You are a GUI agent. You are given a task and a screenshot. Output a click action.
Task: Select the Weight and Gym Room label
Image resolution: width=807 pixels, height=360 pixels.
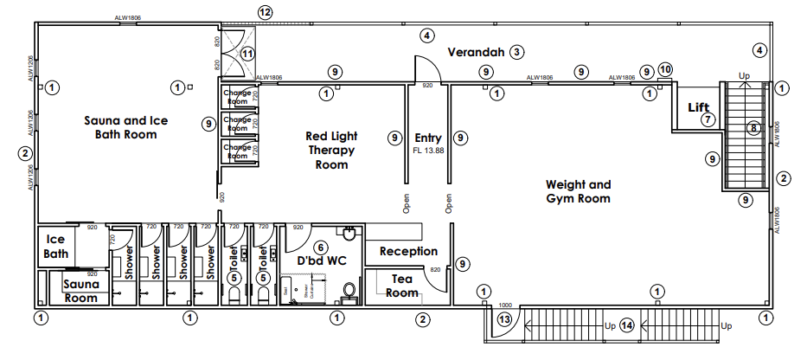tap(578, 191)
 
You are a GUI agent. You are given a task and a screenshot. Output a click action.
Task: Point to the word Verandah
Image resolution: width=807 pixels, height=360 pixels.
tap(474, 52)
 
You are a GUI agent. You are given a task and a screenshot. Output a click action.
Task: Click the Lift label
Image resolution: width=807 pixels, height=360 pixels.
tap(698, 107)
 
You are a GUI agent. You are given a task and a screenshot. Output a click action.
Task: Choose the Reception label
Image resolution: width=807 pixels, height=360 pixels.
tap(409, 251)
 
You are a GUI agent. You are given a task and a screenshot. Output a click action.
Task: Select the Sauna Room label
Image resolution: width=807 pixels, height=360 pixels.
tap(81, 291)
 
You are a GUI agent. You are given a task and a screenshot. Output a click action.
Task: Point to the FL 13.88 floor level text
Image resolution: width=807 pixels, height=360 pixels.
tap(428, 151)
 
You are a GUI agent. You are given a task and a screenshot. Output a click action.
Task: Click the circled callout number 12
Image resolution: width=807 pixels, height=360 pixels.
tap(265, 12)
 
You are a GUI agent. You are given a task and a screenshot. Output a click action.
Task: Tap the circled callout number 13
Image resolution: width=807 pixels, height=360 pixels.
tap(505, 319)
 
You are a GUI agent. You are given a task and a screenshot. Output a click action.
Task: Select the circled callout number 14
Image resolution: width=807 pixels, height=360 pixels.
tap(627, 325)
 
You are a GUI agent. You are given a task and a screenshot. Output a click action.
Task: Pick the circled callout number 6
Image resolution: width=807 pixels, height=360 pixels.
tap(320, 247)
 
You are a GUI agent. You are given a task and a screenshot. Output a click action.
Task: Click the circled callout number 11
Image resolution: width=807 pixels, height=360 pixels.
tap(248, 54)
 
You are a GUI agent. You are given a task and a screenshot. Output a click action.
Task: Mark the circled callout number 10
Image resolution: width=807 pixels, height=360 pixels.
tap(665, 68)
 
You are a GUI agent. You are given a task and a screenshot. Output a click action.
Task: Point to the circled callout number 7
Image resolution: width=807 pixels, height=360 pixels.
tap(708, 119)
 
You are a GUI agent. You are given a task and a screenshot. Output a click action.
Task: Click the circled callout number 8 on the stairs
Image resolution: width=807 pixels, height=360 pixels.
tap(753, 129)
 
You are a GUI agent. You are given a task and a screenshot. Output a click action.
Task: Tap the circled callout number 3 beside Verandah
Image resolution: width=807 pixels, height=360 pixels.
tap(516, 52)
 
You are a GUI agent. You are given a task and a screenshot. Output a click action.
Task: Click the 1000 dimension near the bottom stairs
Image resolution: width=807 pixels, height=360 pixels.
tap(505, 305)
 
